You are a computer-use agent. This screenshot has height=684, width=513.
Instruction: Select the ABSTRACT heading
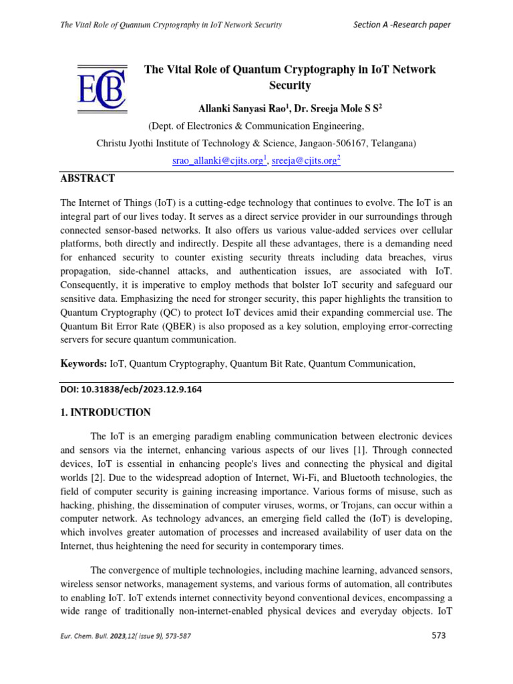tap(88, 178)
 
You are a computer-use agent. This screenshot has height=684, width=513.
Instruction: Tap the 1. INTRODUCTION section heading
tap(106, 412)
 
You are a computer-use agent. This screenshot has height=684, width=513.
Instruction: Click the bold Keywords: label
tap(83, 363)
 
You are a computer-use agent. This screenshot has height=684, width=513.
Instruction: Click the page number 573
tap(438, 635)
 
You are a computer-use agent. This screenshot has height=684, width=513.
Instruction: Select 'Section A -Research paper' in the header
tap(401, 25)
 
